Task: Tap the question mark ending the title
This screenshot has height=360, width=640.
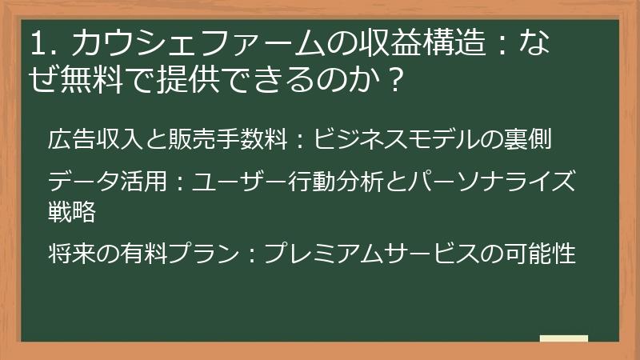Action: pos(392,81)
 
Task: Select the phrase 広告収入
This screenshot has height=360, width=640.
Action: pos(95,141)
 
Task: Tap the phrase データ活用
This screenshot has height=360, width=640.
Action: pos(107,182)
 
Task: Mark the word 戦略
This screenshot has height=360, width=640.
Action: pos(71,211)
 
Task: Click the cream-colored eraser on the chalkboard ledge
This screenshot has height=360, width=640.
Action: pos(564,338)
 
